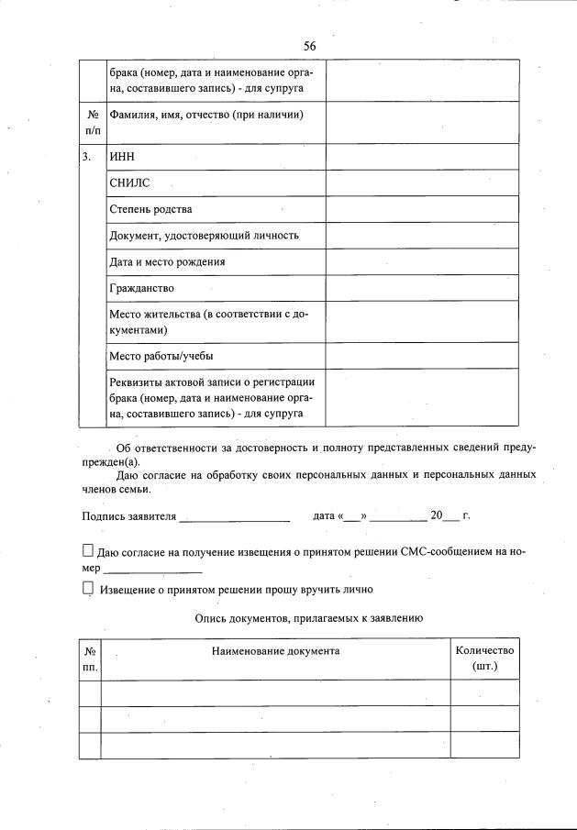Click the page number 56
[x=309, y=46]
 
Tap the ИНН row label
[x=122, y=157]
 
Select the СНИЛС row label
[x=129, y=183]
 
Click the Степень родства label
[x=150, y=209]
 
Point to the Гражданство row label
[x=141, y=288]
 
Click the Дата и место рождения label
[x=167, y=261]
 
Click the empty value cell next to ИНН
[x=422, y=157]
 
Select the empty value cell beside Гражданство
[x=422, y=288]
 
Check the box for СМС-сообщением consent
[x=88, y=551]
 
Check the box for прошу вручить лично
[x=88, y=589]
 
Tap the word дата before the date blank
[x=323, y=516]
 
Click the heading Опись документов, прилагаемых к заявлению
[x=308, y=619]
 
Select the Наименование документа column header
[x=275, y=650]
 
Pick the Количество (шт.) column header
[x=484, y=658]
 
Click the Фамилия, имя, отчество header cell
[x=205, y=115]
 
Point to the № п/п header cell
[x=92, y=123]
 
